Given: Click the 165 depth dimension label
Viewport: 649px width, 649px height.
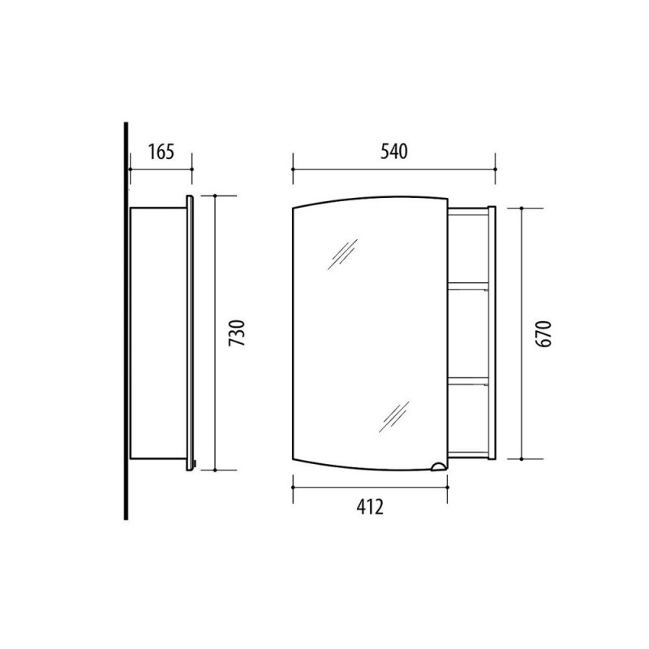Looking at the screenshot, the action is pyautogui.click(x=161, y=152).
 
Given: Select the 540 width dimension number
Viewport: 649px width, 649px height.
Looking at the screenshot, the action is pyautogui.click(x=394, y=152).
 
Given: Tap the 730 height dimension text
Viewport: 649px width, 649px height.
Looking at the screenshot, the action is pyautogui.click(x=238, y=333).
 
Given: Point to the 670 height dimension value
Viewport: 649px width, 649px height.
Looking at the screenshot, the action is pyautogui.click(x=544, y=333).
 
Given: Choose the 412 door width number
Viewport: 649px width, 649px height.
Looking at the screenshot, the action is pyautogui.click(x=370, y=506).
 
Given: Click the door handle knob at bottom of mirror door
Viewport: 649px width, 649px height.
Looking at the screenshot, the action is pyautogui.click(x=438, y=466).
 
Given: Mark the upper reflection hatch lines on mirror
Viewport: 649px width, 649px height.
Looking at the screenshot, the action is pyautogui.click(x=342, y=254).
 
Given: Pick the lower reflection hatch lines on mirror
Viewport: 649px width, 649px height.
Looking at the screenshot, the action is pyautogui.click(x=394, y=417).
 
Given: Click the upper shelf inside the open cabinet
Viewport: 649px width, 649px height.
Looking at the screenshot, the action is pyautogui.click(x=468, y=286).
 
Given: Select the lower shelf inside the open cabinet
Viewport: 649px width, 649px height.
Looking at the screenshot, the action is pyautogui.click(x=468, y=380).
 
